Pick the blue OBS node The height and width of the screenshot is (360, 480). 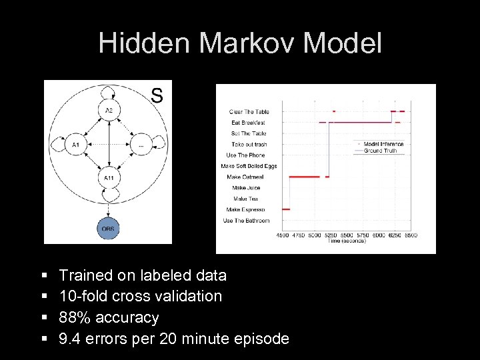point(107,229)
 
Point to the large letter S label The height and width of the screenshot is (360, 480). point(157,95)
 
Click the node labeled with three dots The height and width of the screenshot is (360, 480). point(141,144)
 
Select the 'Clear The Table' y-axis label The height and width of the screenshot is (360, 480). point(249,112)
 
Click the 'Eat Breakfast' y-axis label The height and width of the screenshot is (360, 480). point(249,123)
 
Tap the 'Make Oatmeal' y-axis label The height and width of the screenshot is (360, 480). point(245,177)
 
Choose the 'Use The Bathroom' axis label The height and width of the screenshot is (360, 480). point(247,221)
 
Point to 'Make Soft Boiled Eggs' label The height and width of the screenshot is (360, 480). point(249,166)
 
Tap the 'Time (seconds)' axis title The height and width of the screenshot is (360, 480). point(347,241)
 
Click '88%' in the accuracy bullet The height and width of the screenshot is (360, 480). point(73,317)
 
